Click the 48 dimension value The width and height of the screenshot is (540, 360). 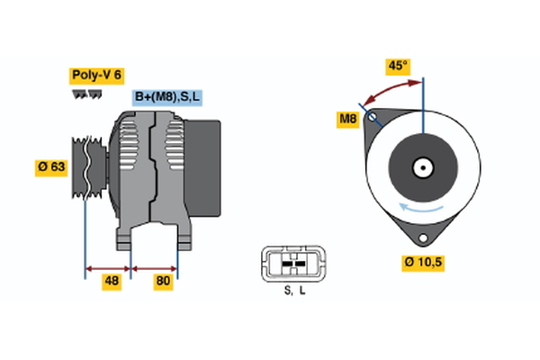click(112, 283)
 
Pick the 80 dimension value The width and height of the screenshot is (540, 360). click(163, 283)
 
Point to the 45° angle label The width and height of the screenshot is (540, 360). click(397, 66)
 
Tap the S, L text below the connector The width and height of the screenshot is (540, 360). click(295, 290)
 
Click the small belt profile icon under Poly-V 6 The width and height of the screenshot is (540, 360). click(86, 94)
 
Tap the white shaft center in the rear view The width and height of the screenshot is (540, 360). click(421, 167)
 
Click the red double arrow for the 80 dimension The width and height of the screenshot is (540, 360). click(155, 267)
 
